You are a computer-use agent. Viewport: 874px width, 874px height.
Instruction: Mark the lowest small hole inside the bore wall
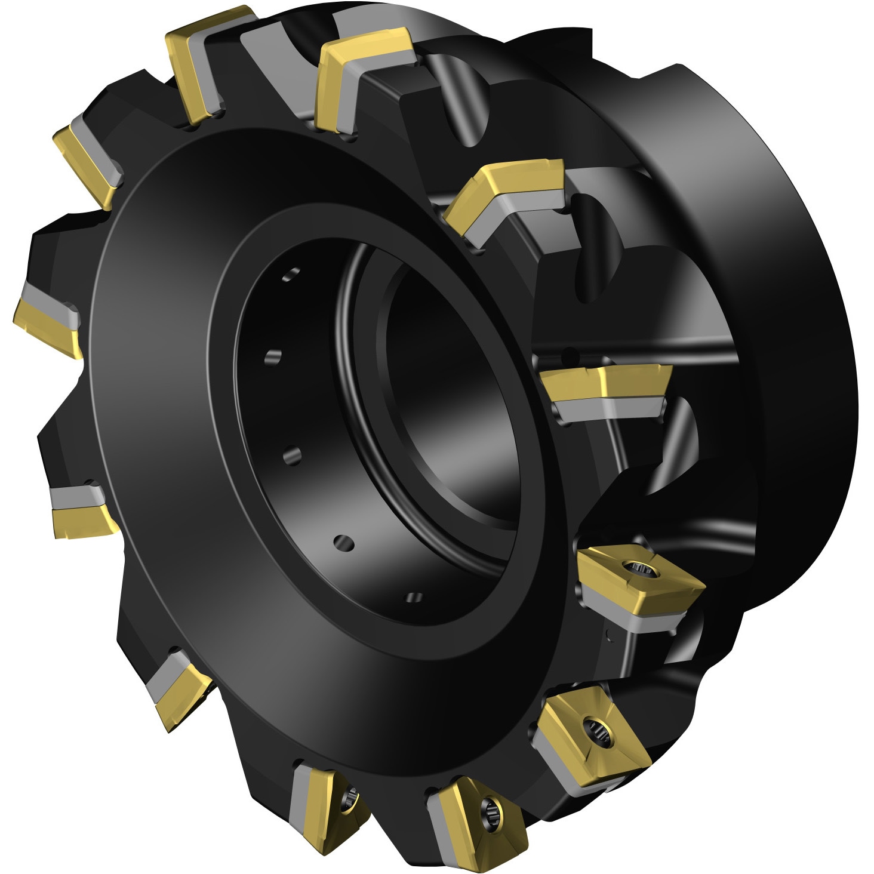coord(416,598)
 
